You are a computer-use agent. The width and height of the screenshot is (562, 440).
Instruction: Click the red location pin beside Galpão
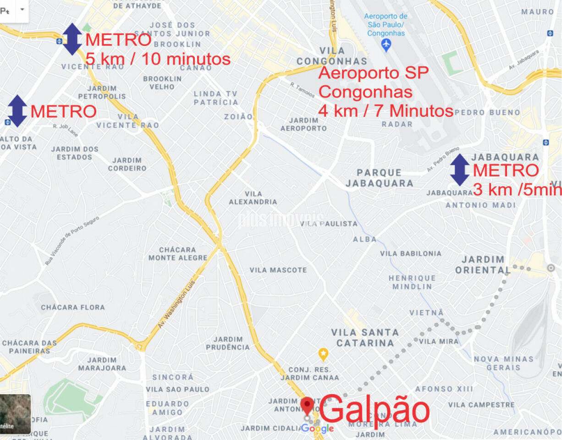point(307,406)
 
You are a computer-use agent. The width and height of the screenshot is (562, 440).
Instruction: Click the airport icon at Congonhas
point(386,45)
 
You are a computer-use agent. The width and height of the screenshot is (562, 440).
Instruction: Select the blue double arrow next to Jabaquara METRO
point(459,170)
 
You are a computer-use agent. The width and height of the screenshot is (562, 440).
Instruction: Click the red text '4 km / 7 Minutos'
point(386,111)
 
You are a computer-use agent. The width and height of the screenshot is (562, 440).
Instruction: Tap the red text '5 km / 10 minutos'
point(158,59)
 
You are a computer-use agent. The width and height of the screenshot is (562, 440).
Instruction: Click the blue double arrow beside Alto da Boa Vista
point(17,111)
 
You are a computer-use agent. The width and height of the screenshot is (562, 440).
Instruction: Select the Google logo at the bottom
point(317,429)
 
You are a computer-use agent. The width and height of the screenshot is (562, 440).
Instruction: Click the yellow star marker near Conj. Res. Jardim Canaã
point(323,354)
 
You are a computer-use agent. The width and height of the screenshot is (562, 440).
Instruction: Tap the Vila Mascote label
point(278,270)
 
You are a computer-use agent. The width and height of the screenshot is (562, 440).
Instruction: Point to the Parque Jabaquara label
point(379,178)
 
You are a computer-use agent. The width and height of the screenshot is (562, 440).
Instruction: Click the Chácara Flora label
point(73,307)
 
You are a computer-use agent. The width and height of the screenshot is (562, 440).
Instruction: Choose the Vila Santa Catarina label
point(365,337)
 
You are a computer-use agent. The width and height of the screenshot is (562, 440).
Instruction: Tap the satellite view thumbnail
point(15,414)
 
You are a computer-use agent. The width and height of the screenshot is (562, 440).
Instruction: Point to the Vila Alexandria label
point(253,198)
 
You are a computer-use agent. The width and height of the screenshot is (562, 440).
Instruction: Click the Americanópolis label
point(527,432)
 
